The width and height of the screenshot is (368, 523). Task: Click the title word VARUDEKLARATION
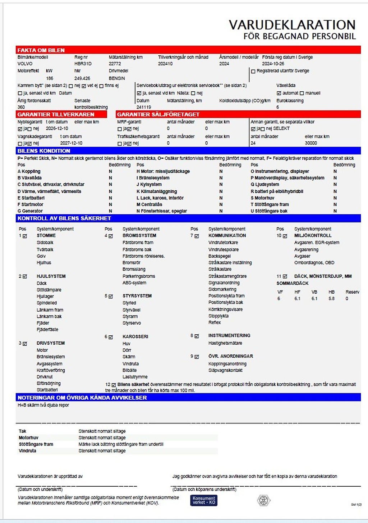pyautogui.click(x=292, y=25)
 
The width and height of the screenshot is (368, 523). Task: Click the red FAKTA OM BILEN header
pyautogui.click(x=41, y=50)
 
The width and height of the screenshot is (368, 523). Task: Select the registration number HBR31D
pyautogui.click(x=83, y=64)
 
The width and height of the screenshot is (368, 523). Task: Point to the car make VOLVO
pyautogui.click(x=25, y=64)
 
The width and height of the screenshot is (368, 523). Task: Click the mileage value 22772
pyautogui.click(x=115, y=64)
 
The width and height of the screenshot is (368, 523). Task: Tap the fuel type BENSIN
pyautogui.click(x=117, y=78)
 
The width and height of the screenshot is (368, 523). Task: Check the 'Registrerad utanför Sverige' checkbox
pyautogui.click(x=253, y=71)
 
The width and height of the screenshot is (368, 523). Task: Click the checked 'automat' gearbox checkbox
pyautogui.click(x=279, y=93)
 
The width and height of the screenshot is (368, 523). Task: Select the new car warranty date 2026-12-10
pyautogui.click(x=57, y=128)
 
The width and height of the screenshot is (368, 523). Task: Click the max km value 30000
pyautogui.click(x=311, y=143)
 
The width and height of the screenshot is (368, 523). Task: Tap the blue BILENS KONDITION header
pyautogui.click(x=44, y=151)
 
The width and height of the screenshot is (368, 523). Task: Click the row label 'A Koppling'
pyautogui.click(x=29, y=171)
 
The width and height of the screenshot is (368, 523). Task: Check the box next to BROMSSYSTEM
pyautogui.click(x=111, y=236)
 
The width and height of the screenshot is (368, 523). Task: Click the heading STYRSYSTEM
pyautogui.click(x=137, y=296)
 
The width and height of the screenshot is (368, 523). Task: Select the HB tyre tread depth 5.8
pyautogui.click(x=331, y=299)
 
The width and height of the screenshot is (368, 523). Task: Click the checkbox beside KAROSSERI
pyautogui.click(x=111, y=337)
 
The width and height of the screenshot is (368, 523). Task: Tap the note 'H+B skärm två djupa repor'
pyautogui.click(x=43, y=405)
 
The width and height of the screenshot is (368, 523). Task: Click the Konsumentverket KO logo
pyautogui.click(x=204, y=500)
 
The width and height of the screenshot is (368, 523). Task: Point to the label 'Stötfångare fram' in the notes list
pyautogui.click(x=36, y=444)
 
